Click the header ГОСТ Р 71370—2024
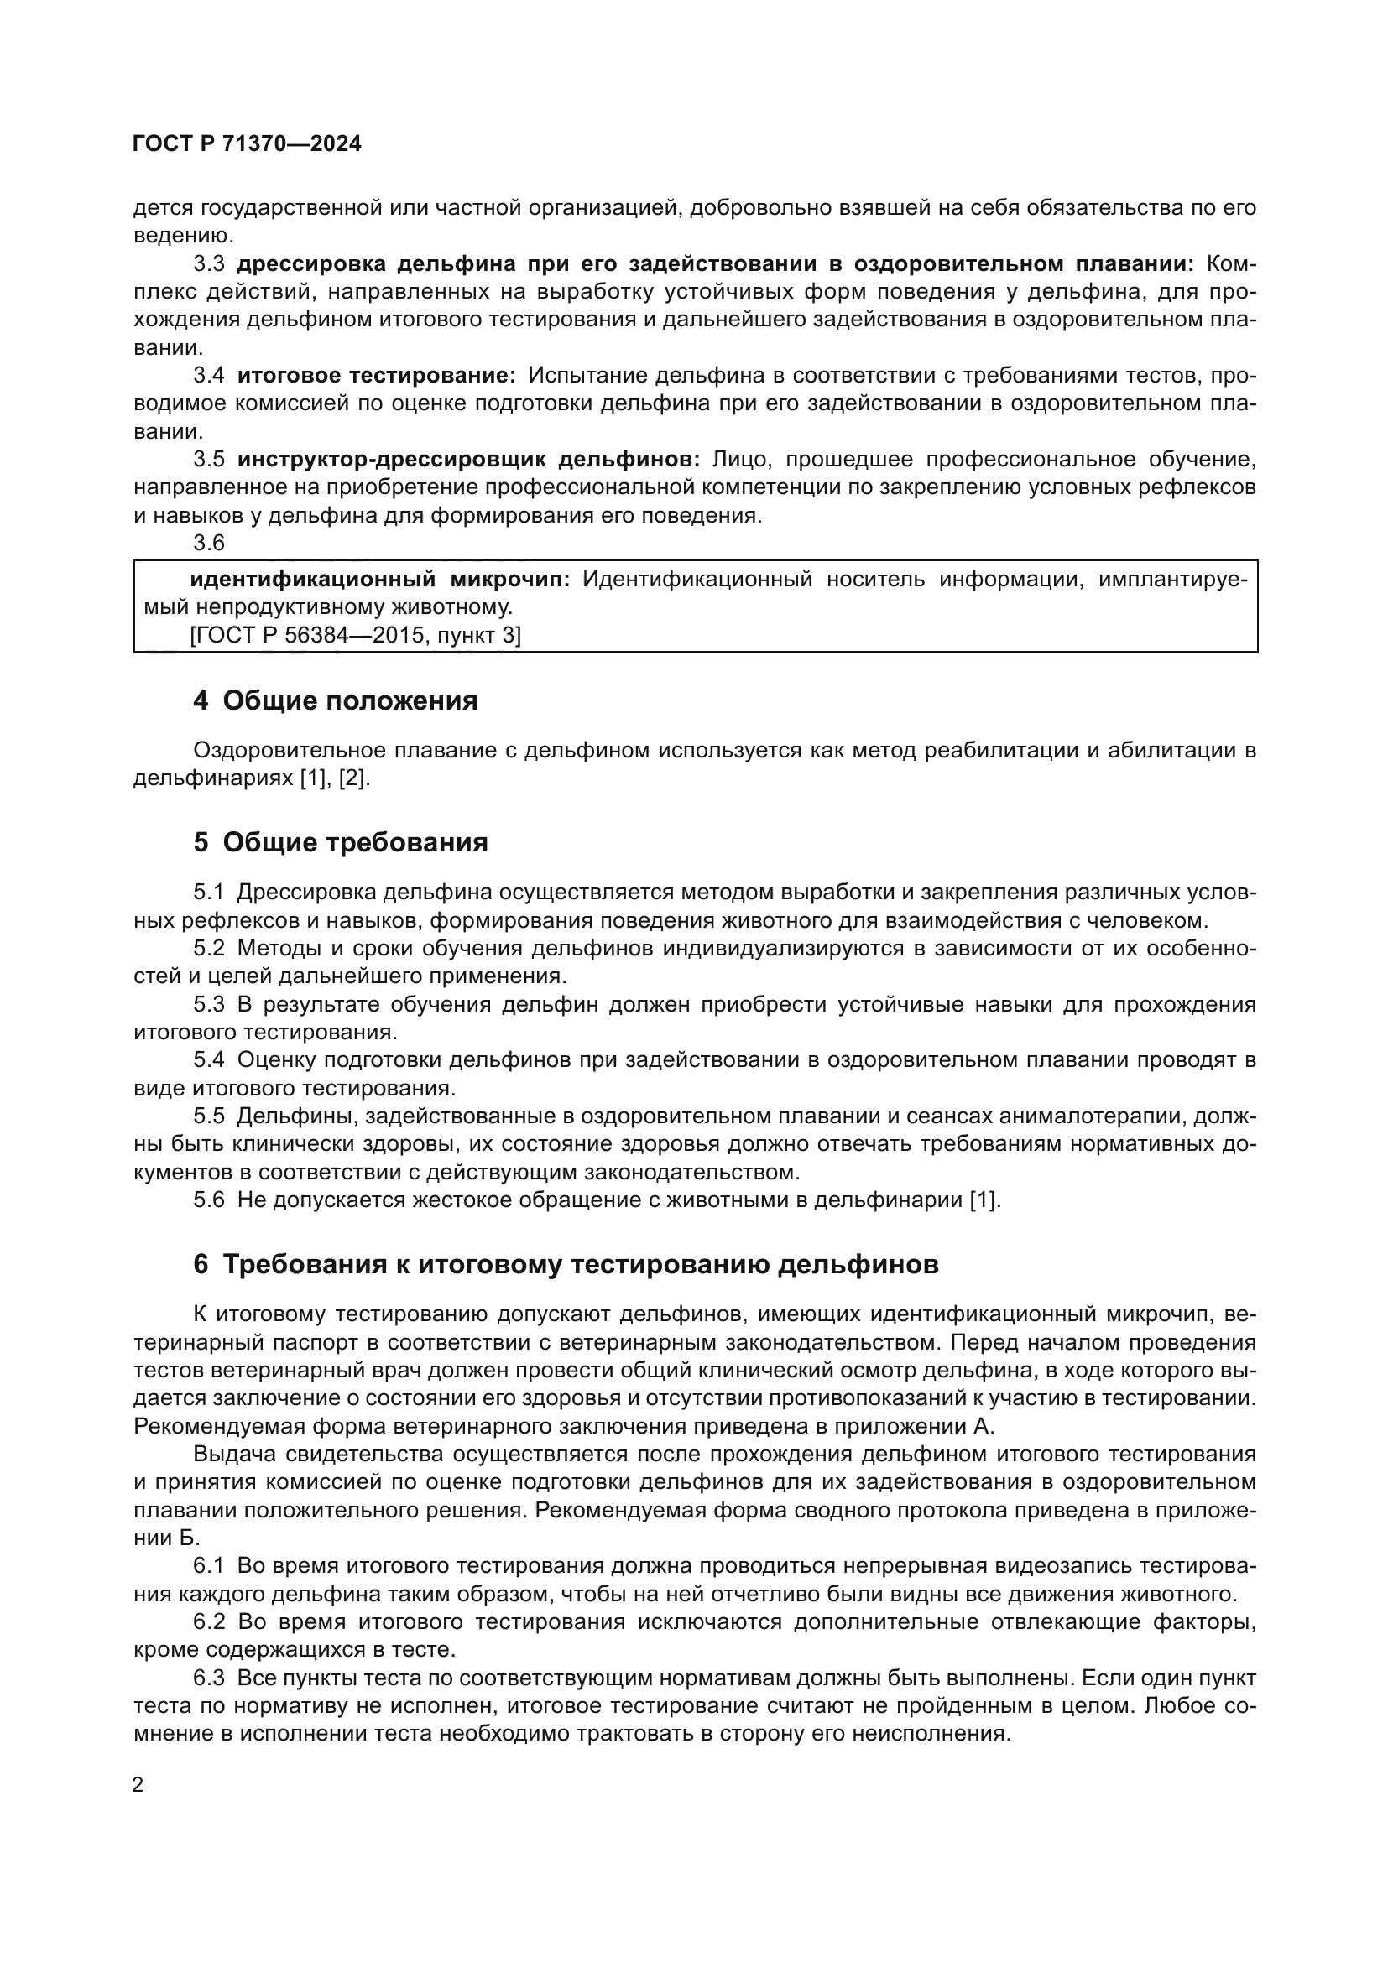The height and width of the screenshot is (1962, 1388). [x=247, y=143]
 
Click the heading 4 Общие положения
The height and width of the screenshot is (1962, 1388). [x=335, y=700]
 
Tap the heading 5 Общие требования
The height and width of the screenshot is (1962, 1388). [x=340, y=842]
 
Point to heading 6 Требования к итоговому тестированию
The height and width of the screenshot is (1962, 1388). [x=566, y=1264]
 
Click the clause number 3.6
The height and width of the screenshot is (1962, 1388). [x=209, y=543]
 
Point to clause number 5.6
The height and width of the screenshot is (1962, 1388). [x=209, y=1200]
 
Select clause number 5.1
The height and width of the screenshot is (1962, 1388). [x=209, y=893]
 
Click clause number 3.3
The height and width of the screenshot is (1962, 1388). [x=209, y=263]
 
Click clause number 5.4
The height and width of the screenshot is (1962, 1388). [x=209, y=1060]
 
